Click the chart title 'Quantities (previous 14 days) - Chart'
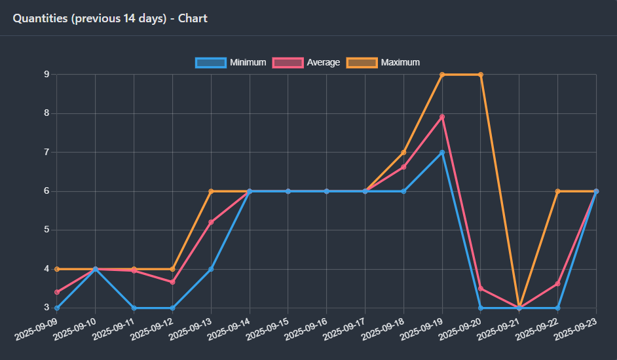(x=110, y=18)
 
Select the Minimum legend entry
(x=231, y=63)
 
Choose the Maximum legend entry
(x=383, y=63)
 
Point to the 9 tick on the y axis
(x=47, y=75)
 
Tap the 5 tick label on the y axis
(x=47, y=230)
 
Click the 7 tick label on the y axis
(x=47, y=153)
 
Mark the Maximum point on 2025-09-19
(x=442, y=75)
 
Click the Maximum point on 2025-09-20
(x=481, y=75)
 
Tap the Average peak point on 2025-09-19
(x=442, y=117)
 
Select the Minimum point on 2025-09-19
(x=442, y=153)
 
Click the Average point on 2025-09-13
(x=211, y=223)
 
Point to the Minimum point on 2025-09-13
(x=211, y=269)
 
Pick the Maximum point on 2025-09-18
(x=403, y=153)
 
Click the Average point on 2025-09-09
(x=57, y=292)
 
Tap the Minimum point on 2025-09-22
(x=557, y=308)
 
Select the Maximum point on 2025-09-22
(x=557, y=191)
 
